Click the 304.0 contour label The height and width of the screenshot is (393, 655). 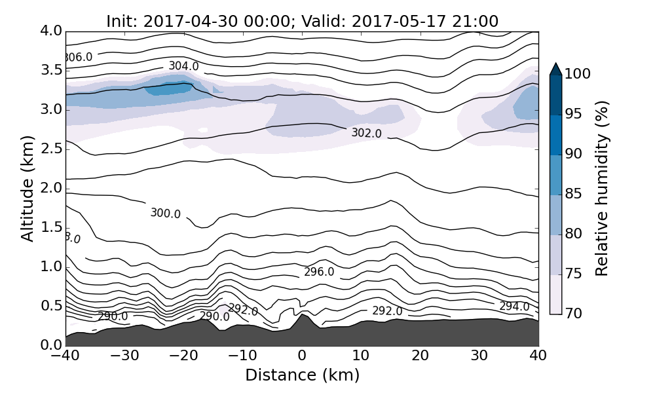click(183, 66)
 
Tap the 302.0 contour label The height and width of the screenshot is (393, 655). click(366, 133)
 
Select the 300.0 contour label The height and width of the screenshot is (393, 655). click(165, 213)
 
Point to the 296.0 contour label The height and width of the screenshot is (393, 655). click(319, 272)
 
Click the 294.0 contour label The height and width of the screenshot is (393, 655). click(514, 307)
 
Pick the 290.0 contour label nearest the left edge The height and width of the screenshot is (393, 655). click(113, 317)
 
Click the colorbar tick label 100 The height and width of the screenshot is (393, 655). click(577, 75)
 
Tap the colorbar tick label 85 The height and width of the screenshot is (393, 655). click(573, 195)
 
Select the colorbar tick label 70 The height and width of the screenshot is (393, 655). click(573, 314)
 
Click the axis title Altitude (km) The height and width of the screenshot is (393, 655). click(28, 188)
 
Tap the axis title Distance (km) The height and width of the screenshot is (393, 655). click(302, 375)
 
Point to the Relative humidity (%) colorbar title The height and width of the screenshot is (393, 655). click(602, 188)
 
